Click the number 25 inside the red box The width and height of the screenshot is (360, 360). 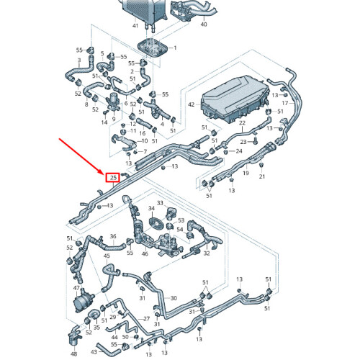[113, 178]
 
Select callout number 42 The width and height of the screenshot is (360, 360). [192, 104]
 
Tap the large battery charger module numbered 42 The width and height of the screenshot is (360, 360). [235, 99]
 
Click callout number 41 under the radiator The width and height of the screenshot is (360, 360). [135, 25]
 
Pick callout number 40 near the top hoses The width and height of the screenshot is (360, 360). [204, 24]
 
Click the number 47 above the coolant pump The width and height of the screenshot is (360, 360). [76, 288]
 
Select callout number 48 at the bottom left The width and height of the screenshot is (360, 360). [74, 354]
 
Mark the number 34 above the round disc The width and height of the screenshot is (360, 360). [151, 208]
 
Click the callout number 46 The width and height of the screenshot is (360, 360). [145, 253]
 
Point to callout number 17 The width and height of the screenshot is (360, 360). [285, 103]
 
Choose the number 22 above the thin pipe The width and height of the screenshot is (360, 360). [242, 123]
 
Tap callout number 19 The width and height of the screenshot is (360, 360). [246, 173]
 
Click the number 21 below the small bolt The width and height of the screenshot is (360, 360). [262, 176]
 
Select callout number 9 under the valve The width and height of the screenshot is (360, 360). [114, 119]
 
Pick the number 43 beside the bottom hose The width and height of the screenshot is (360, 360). [94, 352]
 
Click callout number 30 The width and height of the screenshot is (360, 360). [174, 298]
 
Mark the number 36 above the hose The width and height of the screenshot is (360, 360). [113, 236]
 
